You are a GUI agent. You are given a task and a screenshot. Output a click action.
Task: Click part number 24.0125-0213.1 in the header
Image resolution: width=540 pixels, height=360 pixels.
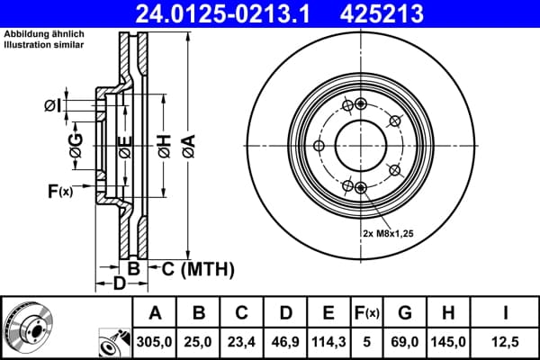(x=223, y=13)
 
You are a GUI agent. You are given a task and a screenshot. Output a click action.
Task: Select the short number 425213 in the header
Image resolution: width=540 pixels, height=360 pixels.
(x=382, y=13)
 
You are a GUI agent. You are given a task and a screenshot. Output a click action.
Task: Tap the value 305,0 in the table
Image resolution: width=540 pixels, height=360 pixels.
(x=154, y=342)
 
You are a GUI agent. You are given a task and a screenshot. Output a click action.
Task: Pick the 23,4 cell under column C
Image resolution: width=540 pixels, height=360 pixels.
(x=241, y=342)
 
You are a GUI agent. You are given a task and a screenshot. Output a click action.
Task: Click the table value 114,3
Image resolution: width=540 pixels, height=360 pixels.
(x=328, y=342)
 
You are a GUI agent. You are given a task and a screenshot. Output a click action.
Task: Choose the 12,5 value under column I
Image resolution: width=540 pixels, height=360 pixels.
(x=505, y=342)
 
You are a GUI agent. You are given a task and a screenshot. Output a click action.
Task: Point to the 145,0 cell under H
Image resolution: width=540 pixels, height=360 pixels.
(x=448, y=342)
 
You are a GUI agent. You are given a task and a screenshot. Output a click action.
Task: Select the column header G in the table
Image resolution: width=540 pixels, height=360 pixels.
(x=405, y=313)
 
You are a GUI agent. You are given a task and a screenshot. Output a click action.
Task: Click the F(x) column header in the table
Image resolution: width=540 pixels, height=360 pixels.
(x=367, y=313)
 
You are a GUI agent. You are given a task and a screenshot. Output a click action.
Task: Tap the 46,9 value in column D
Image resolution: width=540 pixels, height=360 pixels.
(x=285, y=342)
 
